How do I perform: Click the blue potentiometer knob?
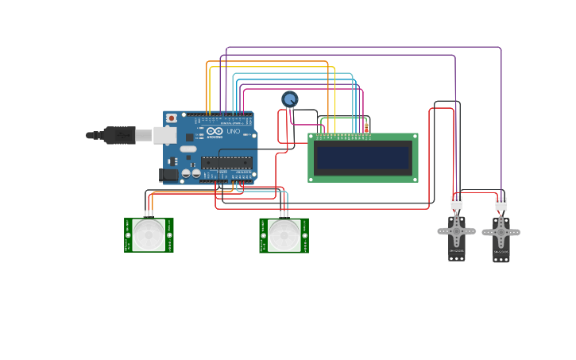[290, 99]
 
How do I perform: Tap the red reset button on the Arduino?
[171, 118]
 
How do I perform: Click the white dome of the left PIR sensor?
[149, 235]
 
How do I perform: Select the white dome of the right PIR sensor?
[284, 235]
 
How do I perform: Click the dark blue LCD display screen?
[363, 157]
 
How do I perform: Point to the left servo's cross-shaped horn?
[457, 231]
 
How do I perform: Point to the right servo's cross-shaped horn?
[501, 234]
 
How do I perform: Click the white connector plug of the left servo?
[457, 203]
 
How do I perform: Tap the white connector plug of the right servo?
[501, 205]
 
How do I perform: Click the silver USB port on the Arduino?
[164, 135]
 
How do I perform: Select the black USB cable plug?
[119, 136]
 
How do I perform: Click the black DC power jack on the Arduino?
[168, 175]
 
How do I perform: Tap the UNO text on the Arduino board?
[233, 131]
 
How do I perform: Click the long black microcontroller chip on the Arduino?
[226, 163]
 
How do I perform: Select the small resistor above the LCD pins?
[366, 127]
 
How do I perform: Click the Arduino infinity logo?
[215, 131]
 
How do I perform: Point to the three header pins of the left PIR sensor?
[149, 214]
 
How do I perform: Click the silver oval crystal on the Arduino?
[187, 149]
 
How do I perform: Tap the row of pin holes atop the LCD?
[343, 136]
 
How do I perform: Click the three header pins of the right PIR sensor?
[284, 214]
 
